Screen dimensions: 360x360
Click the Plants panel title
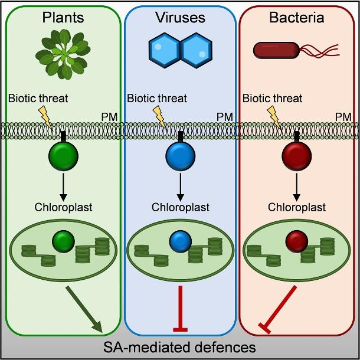(63, 18)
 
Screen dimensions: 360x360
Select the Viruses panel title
(180, 18)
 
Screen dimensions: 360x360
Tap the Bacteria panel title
(297, 18)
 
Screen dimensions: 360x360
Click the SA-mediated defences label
(180, 346)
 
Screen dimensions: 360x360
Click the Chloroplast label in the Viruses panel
(179, 207)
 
